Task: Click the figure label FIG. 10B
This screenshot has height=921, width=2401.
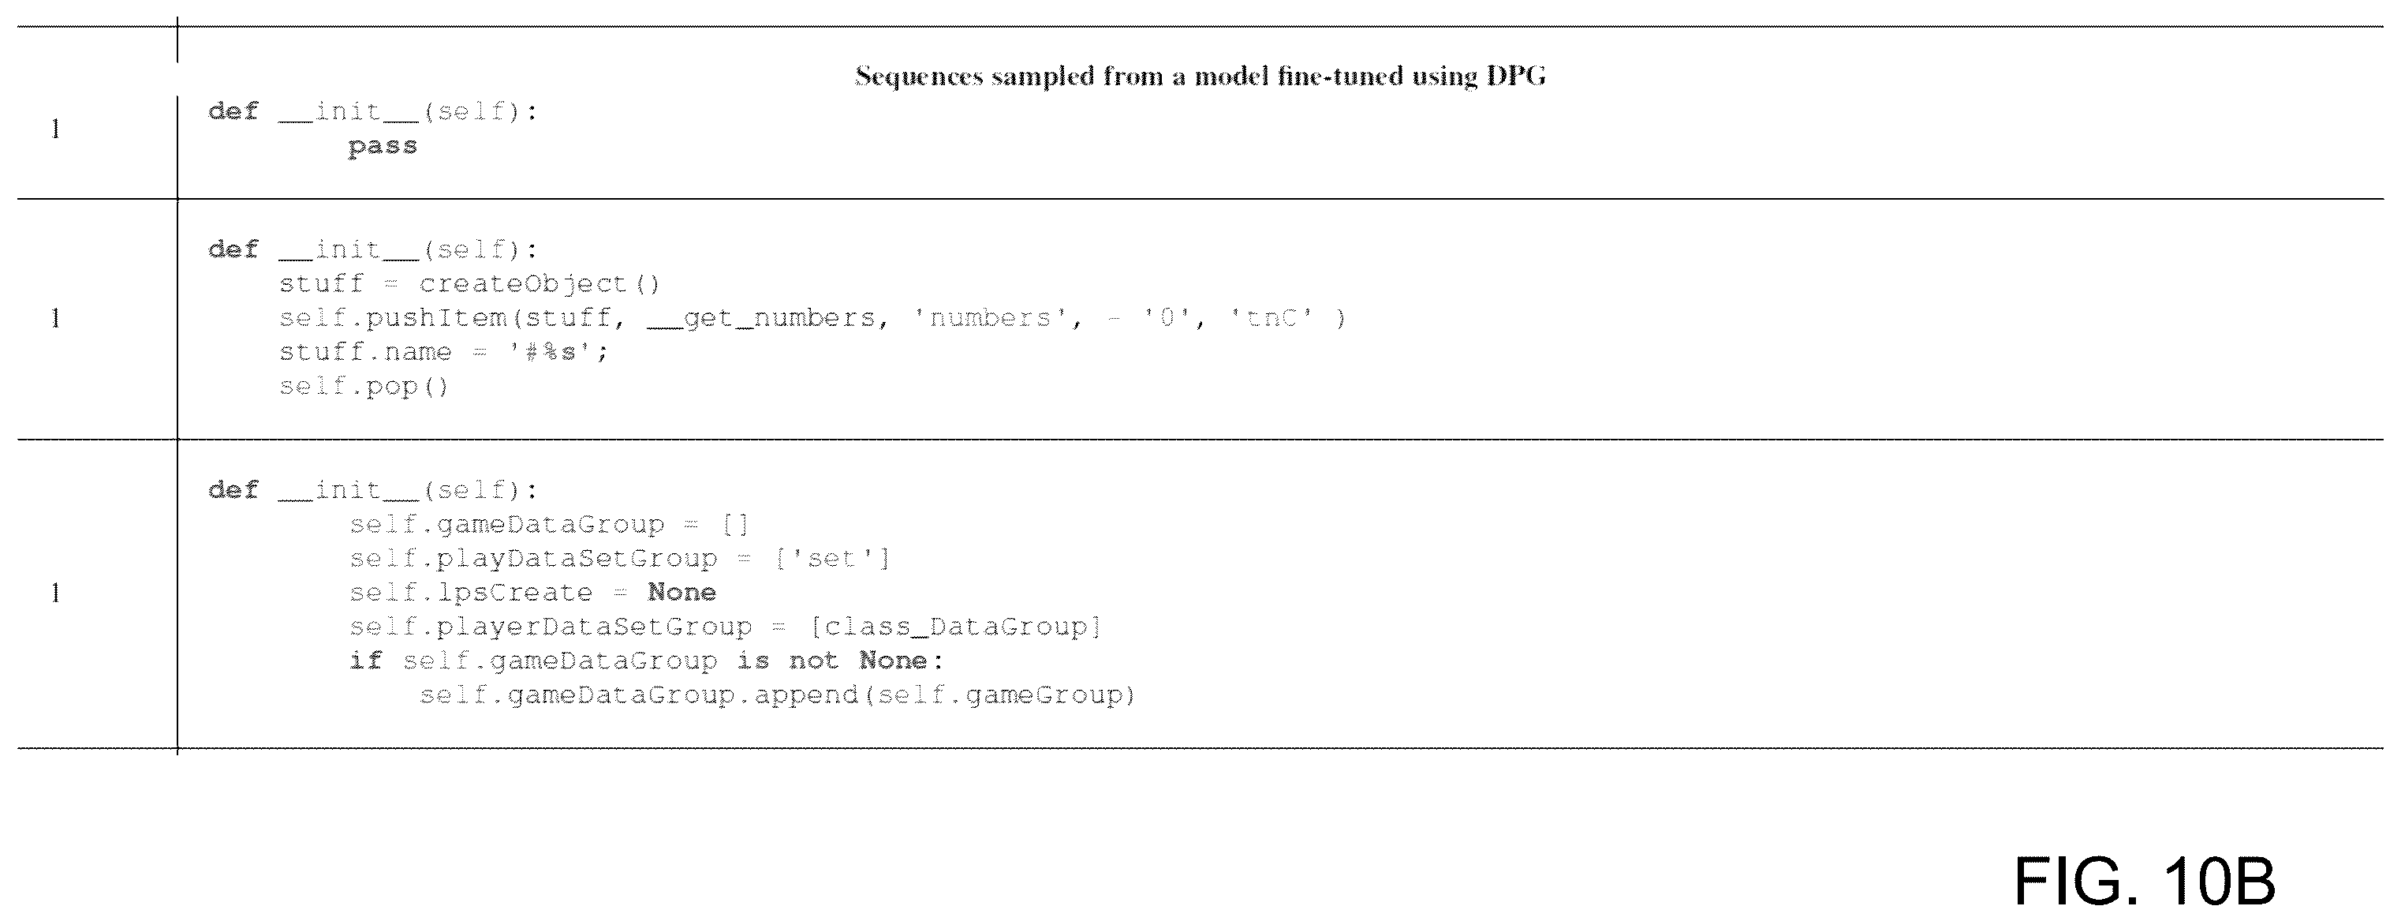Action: point(2145,880)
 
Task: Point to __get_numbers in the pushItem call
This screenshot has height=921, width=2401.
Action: point(761,318)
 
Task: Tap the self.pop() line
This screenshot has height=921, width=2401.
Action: point(364,386)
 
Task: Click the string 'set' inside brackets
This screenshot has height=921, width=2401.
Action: point(832,559)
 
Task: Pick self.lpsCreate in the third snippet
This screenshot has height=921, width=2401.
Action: point(471,593)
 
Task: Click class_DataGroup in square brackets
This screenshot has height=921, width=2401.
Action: point(955,627)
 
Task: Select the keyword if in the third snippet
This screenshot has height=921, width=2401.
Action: point(366,660)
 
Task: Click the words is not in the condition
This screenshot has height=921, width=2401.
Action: point(788,660)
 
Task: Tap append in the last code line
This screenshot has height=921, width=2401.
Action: point(805,695)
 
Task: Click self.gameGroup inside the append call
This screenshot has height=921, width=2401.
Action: point(1000,695)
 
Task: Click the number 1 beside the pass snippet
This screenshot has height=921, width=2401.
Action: point(56,129)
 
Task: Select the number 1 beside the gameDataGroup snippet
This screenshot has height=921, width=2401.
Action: point(56,593)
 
